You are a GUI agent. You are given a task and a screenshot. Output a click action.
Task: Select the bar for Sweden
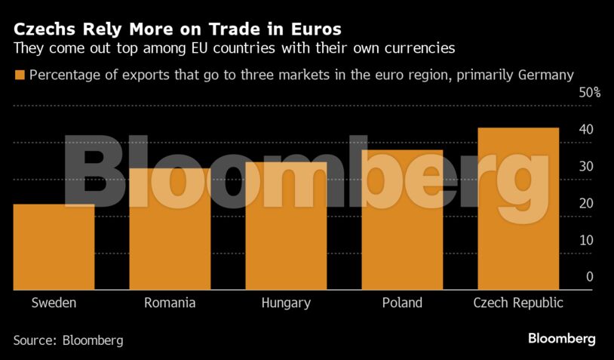54,247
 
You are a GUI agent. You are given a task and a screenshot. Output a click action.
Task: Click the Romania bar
170,229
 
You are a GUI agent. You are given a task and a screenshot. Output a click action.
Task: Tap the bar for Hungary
286,226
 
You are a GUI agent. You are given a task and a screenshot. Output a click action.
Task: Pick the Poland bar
402,220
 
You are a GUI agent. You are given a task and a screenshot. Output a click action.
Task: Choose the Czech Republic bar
518,209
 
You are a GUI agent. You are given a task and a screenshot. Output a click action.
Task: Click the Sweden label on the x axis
54,303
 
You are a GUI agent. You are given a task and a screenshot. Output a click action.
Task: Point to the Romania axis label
170,303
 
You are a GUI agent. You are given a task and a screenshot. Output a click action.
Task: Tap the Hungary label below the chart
286,303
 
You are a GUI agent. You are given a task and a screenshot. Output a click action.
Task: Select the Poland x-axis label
402,303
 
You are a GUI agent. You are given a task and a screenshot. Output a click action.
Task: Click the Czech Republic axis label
518,303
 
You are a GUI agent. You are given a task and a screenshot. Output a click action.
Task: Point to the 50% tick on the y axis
589,94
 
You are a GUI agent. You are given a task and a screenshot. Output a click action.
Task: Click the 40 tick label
585,130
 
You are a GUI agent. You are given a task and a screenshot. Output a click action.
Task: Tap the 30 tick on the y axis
585,167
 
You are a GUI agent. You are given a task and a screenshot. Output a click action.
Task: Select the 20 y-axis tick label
585,204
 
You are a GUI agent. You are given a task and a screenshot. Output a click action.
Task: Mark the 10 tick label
585,240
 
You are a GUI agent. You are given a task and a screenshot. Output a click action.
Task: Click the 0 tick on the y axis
589,277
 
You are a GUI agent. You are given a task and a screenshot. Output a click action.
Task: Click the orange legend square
19,75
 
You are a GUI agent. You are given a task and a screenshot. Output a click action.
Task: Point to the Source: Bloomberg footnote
68,340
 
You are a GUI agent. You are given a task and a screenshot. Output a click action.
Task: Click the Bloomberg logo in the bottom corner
562,339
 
